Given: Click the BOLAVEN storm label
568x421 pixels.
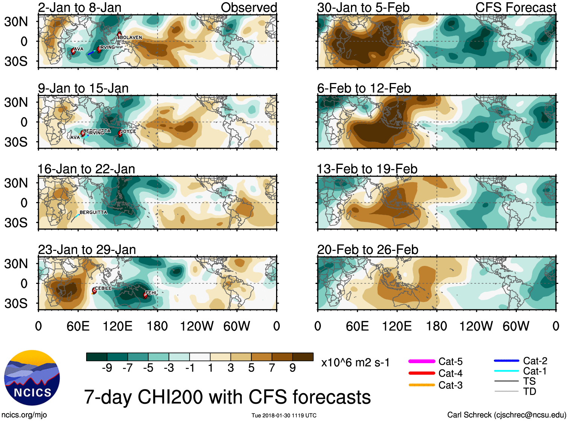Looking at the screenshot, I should pyautogui.click(x=131, y=38).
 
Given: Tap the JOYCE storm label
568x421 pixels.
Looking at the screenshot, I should pyautogui.click(x=128, y=131).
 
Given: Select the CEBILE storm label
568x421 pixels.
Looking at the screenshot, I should pyautogui.click(x=103, y=288).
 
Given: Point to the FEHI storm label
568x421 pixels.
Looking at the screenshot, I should pyautogui.click(x=150, y=293).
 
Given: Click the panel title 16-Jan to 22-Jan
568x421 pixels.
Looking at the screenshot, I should pyautogui.click(x=87, y=169).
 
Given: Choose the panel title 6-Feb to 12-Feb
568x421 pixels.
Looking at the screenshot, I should pyautogui.click(x=364, y=89).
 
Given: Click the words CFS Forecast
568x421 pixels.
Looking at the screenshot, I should pyautogui.click(x=515, y=8).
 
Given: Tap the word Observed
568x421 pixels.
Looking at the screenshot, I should pyautogui.click(x=249, y=8).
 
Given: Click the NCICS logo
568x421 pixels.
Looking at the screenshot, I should pyautogui.click(x=32, y=378).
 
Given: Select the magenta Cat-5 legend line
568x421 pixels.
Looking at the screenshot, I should pyautogui.click(x=422, y=361).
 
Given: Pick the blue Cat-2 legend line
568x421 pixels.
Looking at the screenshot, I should pyautogui.click(x=506, y=361).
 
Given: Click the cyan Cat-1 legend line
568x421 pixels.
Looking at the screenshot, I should pyautogui.click(x=506, y=371).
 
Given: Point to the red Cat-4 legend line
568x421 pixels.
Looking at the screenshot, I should pyautogui.click(x=422, y=373).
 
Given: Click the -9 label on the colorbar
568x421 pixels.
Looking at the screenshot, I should pyautogui.click(x=107, y=368).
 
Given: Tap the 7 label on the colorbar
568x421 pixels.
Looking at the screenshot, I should pyautogui.click(x=272, y=368).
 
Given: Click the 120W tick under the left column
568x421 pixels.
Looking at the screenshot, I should pyautogui.click(x=197, y=326).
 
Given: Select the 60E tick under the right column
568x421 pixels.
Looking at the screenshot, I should pyautogui.click(x=357, y=326).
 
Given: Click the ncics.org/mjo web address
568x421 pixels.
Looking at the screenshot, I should pyautogui.click(x=24, y=415).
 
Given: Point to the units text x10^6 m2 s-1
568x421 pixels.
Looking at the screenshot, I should pyautogui.click(x=355, y=363).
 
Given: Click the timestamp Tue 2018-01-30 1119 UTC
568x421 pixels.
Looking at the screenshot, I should pyautogui.click(x=284, y=415).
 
